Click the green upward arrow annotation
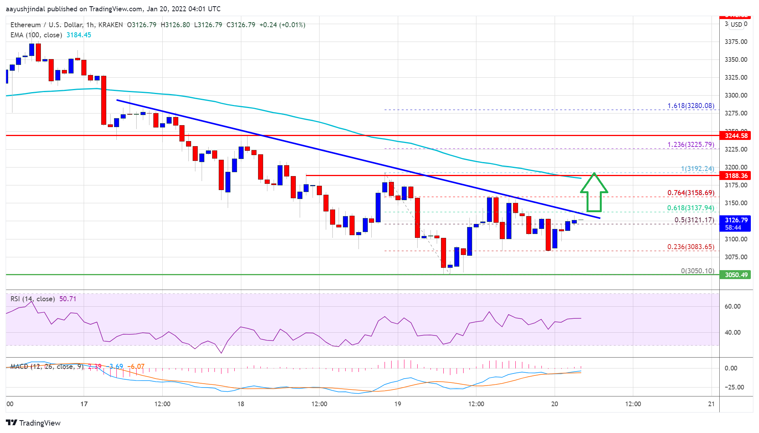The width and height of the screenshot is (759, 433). (594, 192)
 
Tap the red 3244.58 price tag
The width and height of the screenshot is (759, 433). (735, 136)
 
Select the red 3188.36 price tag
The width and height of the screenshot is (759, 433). (735, 176)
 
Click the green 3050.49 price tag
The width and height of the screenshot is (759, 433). (735, 275)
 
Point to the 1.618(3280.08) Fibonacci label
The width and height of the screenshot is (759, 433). (690, 106)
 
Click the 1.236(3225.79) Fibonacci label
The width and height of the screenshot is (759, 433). (690, 145)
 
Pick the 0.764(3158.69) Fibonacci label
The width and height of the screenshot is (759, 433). (690, 193)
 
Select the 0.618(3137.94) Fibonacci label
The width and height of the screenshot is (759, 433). (690, 208)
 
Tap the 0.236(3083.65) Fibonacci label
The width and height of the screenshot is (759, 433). (690, 247)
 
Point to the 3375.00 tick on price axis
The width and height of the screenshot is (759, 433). (736, 42)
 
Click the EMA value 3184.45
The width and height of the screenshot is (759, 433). (79, 35)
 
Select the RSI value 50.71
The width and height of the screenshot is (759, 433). (68, 299)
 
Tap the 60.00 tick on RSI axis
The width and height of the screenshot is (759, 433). (732, 306)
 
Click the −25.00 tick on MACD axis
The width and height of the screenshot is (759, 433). (734, 387)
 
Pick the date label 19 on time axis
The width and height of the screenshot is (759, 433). (397, 404)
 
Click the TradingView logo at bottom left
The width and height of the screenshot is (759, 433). (33, 423)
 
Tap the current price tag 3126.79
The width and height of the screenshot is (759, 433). (736, 220)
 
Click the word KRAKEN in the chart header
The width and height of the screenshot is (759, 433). (111, 25)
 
